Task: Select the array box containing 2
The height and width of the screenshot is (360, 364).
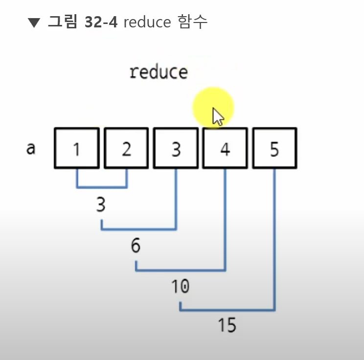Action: coord(126,149)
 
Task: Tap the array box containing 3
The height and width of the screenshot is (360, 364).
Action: coord(176,149)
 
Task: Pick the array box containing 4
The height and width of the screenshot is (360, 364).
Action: coord(225,149)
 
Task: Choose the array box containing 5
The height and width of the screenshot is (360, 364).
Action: coord(274,149)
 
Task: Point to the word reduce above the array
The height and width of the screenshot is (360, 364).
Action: coord(159,72)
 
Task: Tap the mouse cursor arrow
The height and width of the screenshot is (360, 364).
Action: coord(218,117)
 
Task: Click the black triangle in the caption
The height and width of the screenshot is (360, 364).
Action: coord(34,22)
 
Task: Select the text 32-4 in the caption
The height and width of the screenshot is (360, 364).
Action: coord(101,22)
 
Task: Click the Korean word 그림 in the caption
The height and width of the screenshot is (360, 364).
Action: coord(63,22)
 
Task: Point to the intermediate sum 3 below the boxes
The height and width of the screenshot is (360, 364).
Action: coord(101,205)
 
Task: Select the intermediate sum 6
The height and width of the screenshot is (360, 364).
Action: coord(136,245)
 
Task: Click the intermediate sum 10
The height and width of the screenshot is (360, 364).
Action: coord(180,286)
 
